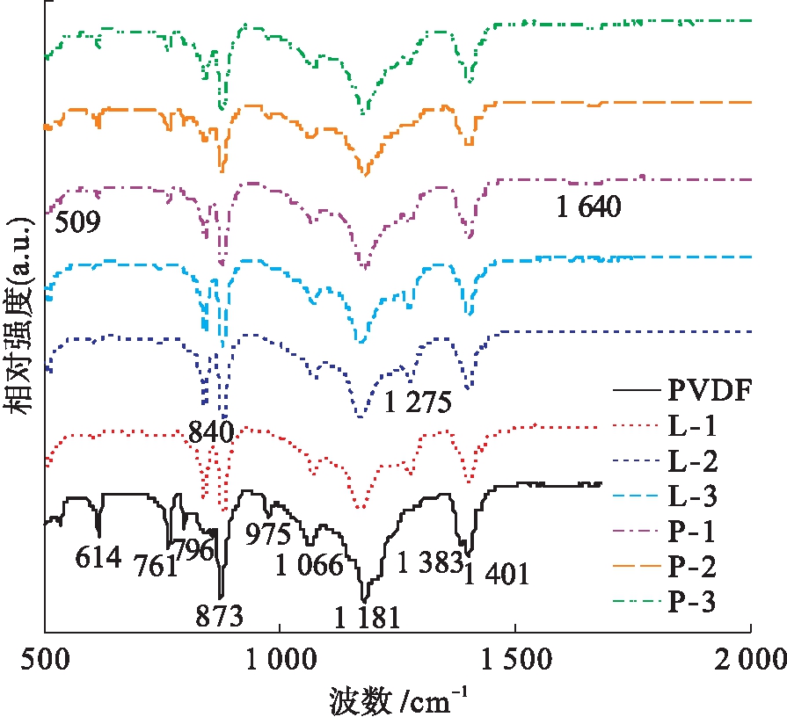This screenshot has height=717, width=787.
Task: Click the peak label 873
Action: tap(219, 615)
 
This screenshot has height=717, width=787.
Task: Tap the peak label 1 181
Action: tap(367, 617)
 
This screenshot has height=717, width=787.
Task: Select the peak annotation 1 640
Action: tap(589, 207)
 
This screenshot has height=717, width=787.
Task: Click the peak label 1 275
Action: tap(418, 402)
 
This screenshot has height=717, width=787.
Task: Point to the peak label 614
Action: tap(98, 556)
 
